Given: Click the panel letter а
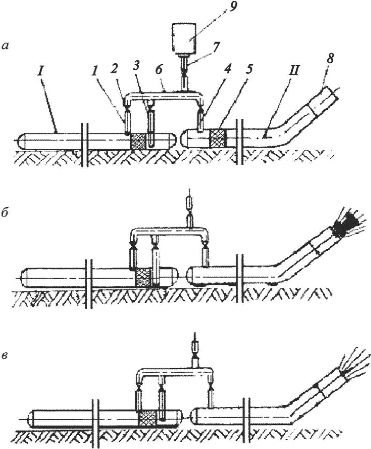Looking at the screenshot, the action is pos(5,47).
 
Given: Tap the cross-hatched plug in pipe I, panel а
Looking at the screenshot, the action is pos(138,141).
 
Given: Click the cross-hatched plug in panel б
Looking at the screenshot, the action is pos(144,277).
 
